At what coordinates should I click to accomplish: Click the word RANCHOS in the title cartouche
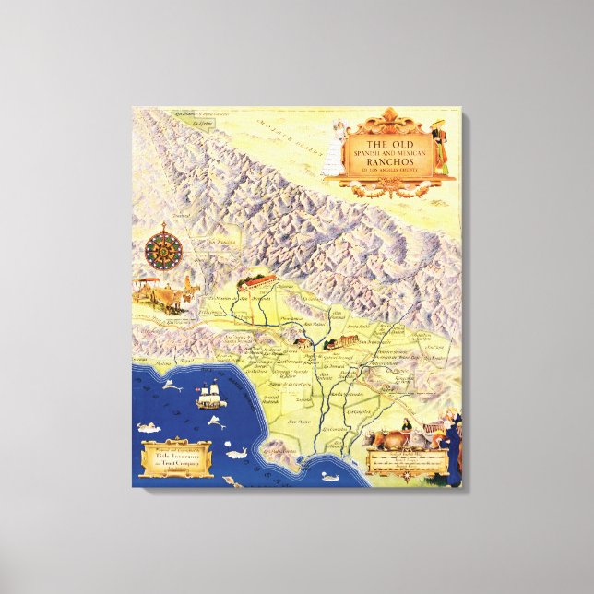tap(386, 157)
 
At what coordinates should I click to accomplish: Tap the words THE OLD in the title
tap(386, 144)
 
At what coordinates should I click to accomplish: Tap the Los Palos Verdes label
tap(278, 451)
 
